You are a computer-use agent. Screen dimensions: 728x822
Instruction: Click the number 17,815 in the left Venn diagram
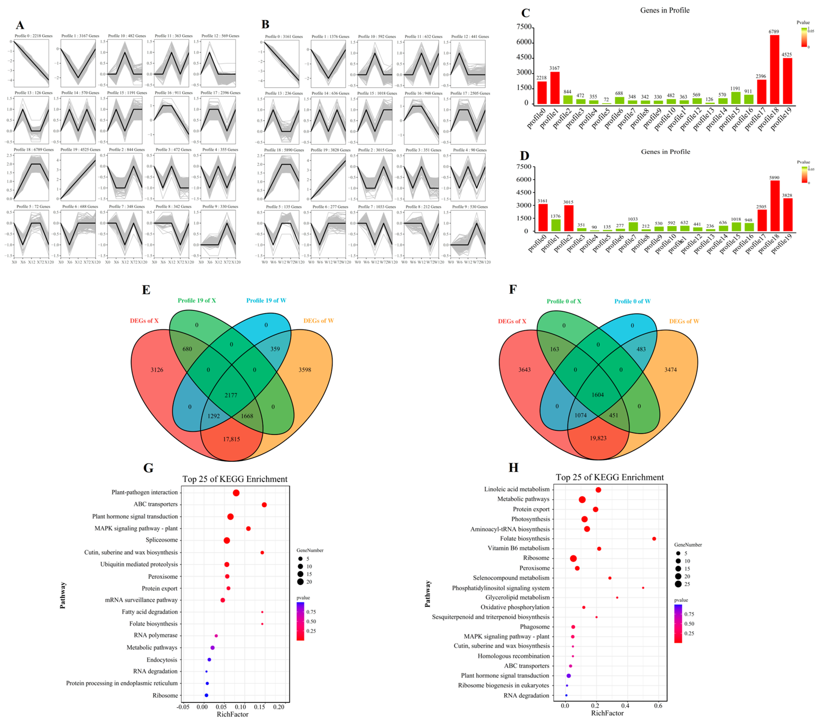tap(232, 439)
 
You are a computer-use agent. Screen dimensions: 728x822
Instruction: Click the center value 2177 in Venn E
tap(231, 395)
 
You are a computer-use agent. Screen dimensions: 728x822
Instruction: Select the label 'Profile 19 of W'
tap(266, 300)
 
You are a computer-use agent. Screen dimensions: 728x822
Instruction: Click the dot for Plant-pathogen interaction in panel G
tap(236, 493)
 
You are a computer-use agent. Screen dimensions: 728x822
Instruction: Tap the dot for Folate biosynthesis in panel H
tap(654, 539)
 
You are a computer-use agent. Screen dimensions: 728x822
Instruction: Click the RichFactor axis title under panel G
tap(233, 714)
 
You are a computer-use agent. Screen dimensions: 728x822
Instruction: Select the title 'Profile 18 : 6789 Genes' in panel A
tap(34, 150)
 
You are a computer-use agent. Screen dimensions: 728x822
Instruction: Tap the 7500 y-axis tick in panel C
tap(524, 27)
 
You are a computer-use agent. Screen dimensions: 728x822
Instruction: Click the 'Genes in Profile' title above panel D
tap(665, 152)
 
